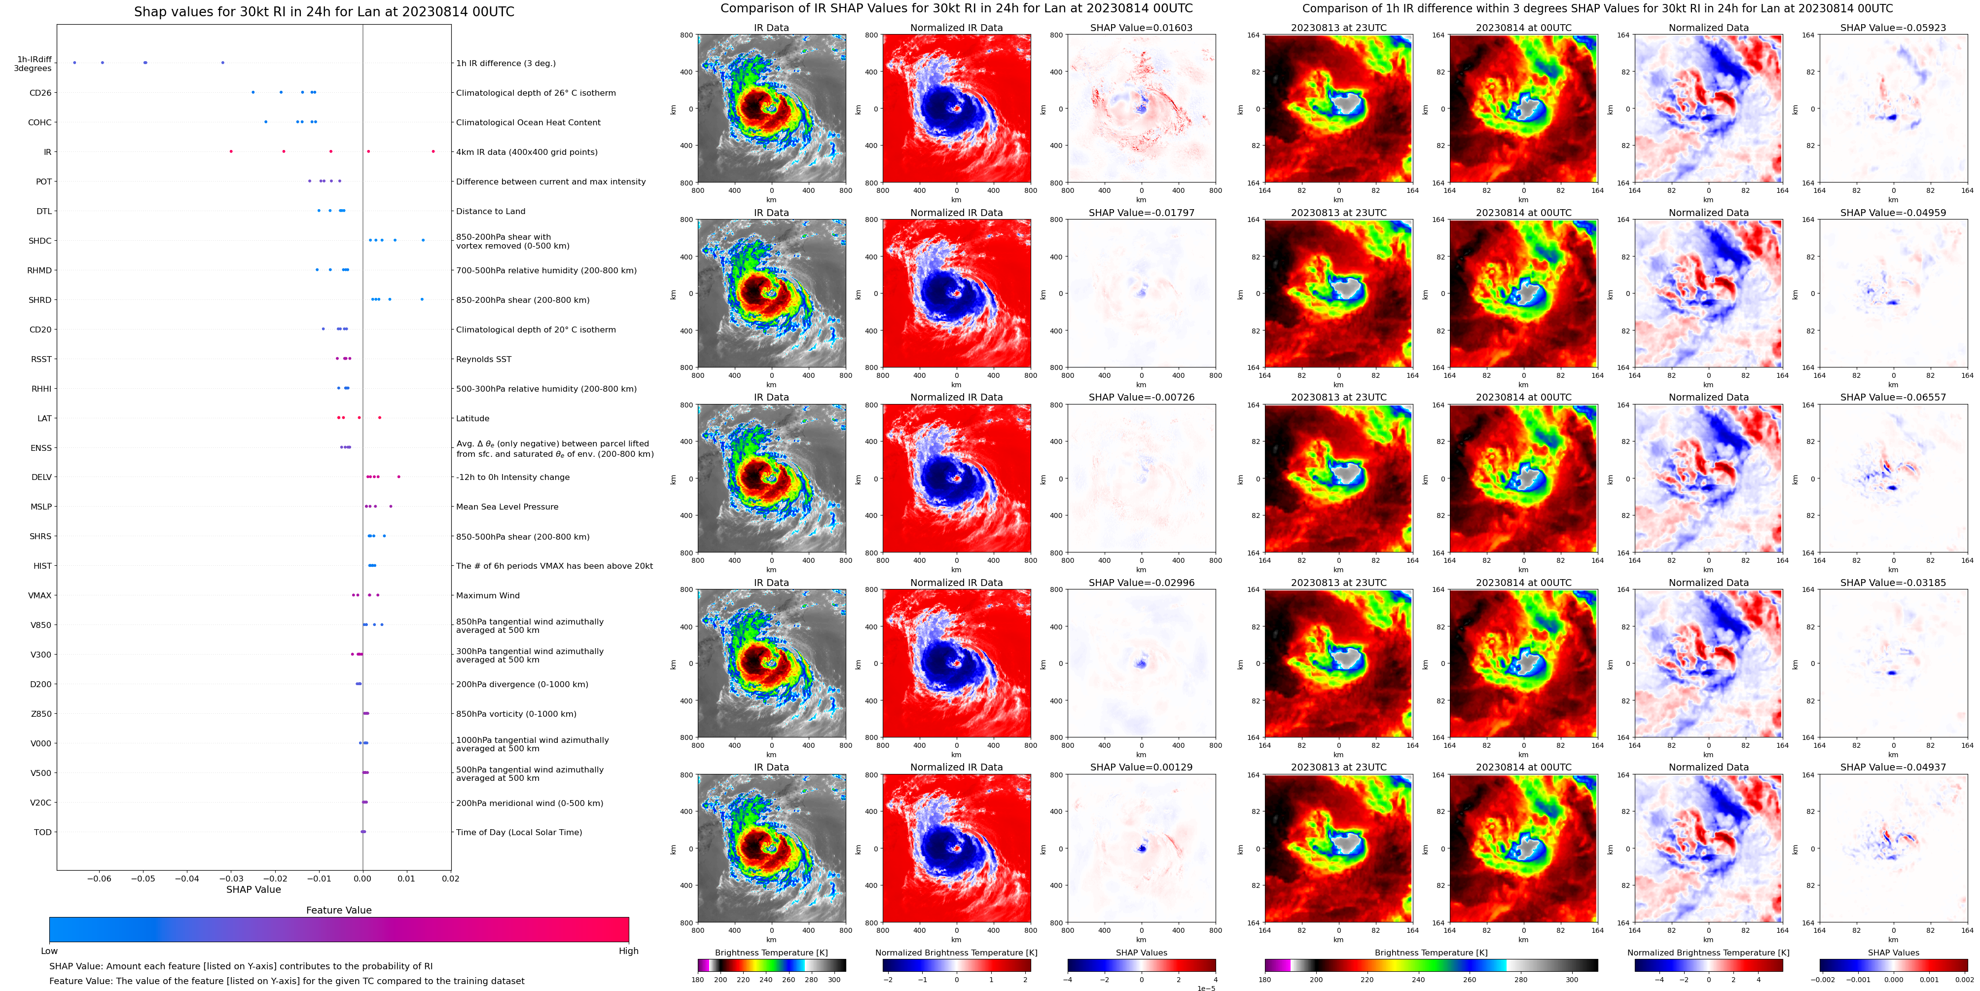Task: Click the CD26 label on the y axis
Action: (x=40, y=93)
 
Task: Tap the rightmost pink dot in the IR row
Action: (x=433, y=151)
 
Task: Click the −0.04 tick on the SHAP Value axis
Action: (x=187, y=879)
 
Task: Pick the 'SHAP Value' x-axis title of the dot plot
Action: (x=253, y=889)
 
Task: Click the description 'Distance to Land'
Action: (x=490, y=212)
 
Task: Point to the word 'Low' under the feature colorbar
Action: (x=49, y=951)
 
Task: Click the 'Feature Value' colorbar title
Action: (x=338, y=910)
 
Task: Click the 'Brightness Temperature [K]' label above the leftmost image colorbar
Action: (x=771, y=953)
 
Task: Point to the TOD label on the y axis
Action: (x=42, y=832)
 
